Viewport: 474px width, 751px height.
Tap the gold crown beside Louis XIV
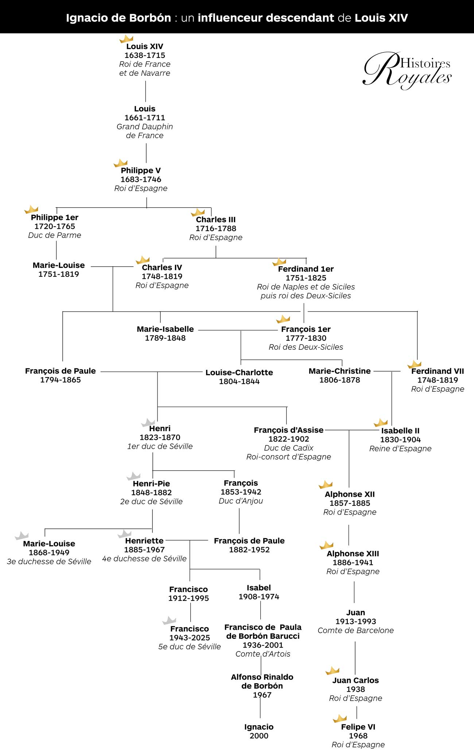click(x=126, y=39)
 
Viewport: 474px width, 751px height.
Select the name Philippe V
click(x=141, y=171)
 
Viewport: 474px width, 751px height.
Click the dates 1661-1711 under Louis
click(x=145, y=118)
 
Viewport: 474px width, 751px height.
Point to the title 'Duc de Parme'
click(x=55, y=235)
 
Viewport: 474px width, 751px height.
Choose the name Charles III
click(x=216, y=220)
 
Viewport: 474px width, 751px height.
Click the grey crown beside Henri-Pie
click(x=133, y=476)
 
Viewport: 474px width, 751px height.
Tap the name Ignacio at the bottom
click(x=259, y=727)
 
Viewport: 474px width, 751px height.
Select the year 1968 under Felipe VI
click(x=358, y=736)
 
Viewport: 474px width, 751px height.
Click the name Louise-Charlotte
click(x=239, y=372)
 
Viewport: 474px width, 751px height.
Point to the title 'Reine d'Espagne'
click(x=400, y=449)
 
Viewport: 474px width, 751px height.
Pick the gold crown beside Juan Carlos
click(x=332, y=670)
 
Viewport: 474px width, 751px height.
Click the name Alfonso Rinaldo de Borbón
click(x=262, y=681)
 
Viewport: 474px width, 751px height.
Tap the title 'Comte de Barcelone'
click(x=355, y=630)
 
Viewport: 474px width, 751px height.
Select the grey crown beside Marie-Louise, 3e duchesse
click(x=22, y=536)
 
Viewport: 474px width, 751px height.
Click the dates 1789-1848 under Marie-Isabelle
click(x=165, y=338)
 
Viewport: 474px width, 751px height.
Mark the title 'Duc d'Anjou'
click(x=241, y=501)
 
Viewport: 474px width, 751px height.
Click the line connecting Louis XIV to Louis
click(x=145, y=91)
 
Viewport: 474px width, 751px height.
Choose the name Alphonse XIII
click(x=353, y=554)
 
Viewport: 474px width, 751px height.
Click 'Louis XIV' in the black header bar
click(x=381, y=18)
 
